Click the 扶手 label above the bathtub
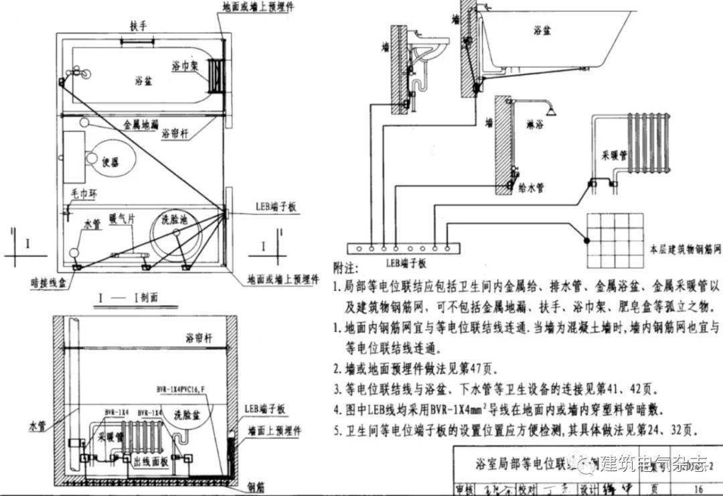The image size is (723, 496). point(139,26)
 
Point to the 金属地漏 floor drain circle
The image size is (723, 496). point(86,124)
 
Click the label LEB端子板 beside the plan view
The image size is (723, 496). point(275,208)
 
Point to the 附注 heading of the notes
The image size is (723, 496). point(343,267)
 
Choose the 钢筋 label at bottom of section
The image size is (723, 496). point(255,487)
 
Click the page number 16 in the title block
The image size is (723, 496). point(698,489)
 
